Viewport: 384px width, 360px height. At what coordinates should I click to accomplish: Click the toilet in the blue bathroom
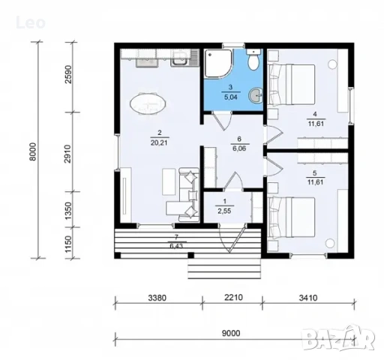pyautogui.click(x=253, y=59)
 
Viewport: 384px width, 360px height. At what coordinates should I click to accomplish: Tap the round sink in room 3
pyautogui.click(x=256, y=95)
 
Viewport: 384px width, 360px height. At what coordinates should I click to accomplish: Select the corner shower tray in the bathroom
pyautogui.click(x=219, y=63)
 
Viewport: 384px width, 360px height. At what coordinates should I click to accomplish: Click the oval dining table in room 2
pyautogui.click(x=148, y=103)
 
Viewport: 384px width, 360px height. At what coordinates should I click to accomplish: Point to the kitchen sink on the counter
pyautogui.click(x=180, y=59)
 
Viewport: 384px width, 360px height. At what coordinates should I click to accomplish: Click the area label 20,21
pyautogui.click(x=159, y=142)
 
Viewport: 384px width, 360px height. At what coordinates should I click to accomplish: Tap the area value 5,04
pyautogui.click(x=230, y=97)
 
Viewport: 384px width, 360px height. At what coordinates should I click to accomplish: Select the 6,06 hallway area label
pyautogui.click(x=239, y=148)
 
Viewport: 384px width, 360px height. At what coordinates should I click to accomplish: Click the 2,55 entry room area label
pyautogui.click(x=224, y=211)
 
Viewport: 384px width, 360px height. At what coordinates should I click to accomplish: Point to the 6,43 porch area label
pyautogui.click(x=176, y=246)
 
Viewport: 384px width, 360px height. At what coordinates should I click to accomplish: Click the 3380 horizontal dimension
pyautogui.click(x=157, y=298)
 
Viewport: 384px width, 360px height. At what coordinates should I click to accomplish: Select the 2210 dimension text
pyautogui.click(x=233, y=298)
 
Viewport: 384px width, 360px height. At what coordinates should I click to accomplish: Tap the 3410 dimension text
pyautogui.click(x=308, y=298)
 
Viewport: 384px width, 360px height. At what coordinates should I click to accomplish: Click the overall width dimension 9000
pyautogui.click(x=231, y=333)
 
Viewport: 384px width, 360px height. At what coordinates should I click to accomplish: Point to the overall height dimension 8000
pyautogui.click(x=33, y=151)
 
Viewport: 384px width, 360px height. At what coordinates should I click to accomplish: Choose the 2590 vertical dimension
pyautogui.click(x=68, y=74)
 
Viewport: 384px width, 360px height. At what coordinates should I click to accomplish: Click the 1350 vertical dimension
pyautogui.click(x=68, y=211)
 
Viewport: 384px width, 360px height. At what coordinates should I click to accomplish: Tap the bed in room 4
pyautogui.click(x=292, y=85)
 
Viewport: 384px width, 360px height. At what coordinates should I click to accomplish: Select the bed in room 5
pyautogui.click(x=292, y=217)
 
